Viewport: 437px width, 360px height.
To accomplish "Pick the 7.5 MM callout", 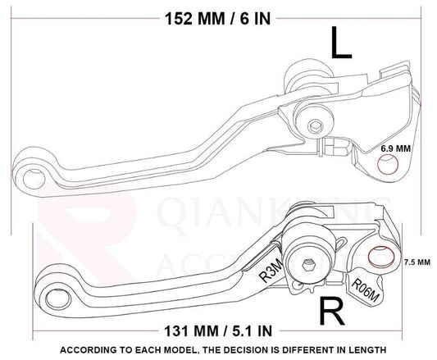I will pyautogui.click(x=416, y=262).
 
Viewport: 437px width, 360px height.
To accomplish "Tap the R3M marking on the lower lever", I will pyautogui.click(x=268, y=271).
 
